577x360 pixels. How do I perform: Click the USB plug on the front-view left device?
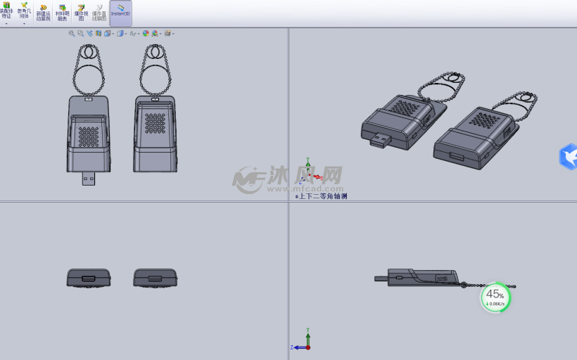click(88, 179)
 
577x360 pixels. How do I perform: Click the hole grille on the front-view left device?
click(88, 136)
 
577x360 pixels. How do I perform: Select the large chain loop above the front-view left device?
click(88, 78)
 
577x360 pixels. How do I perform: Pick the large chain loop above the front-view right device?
click(155, 79)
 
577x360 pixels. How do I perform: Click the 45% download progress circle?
click(495, 297)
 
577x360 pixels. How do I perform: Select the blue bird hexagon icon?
click(569, 157)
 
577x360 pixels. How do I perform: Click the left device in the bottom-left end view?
click(88, 278)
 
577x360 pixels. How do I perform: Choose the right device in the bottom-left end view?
click(155, 278)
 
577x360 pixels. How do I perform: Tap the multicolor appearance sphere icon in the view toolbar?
click(146, 33)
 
